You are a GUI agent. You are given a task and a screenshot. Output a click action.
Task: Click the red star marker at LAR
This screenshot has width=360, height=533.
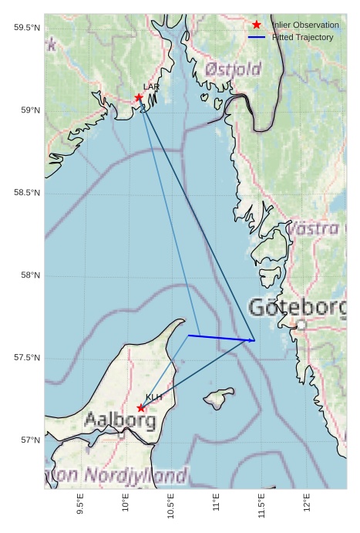click(139, 97)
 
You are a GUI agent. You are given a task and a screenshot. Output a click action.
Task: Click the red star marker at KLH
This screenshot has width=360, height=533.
click(140, 408)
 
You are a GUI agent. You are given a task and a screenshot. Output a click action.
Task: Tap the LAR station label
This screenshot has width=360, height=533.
click(151, 87)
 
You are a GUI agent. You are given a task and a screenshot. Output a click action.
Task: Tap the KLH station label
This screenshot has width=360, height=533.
click(153, 397)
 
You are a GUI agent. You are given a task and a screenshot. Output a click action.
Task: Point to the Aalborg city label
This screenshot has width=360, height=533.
click(120, 421)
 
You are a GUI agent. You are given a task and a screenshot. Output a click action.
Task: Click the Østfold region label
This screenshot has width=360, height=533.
click(233, 70)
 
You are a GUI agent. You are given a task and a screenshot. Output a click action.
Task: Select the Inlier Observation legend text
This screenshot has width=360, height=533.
click(305, 25)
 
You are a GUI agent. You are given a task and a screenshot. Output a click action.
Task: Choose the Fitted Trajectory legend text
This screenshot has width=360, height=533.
click(302, 37)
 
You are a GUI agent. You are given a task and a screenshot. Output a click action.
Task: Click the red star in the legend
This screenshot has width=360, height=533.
click(257, 25)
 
